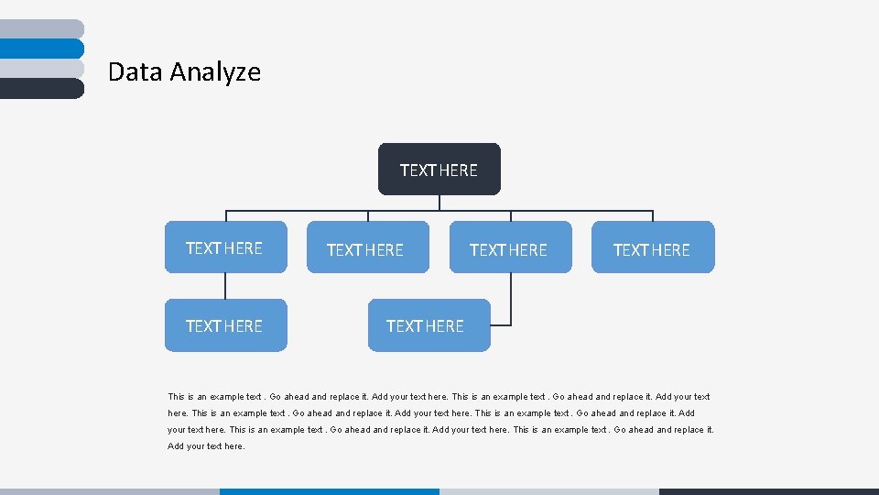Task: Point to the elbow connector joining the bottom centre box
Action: [x=510, y=302]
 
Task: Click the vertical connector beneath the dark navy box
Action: [x=439, y=203]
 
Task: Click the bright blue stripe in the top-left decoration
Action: [x=41, y=49]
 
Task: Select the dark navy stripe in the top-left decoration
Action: [x=41, y=88]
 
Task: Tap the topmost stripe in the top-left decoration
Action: [x=41, y=28]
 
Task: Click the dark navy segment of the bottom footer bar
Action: [x=768, y=491]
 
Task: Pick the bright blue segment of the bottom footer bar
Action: [x=329, y=491]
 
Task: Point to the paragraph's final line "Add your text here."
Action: [x=206, y=446]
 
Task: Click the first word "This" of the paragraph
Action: [x=176, y=397]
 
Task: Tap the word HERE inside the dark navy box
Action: [x=458, y=170]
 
